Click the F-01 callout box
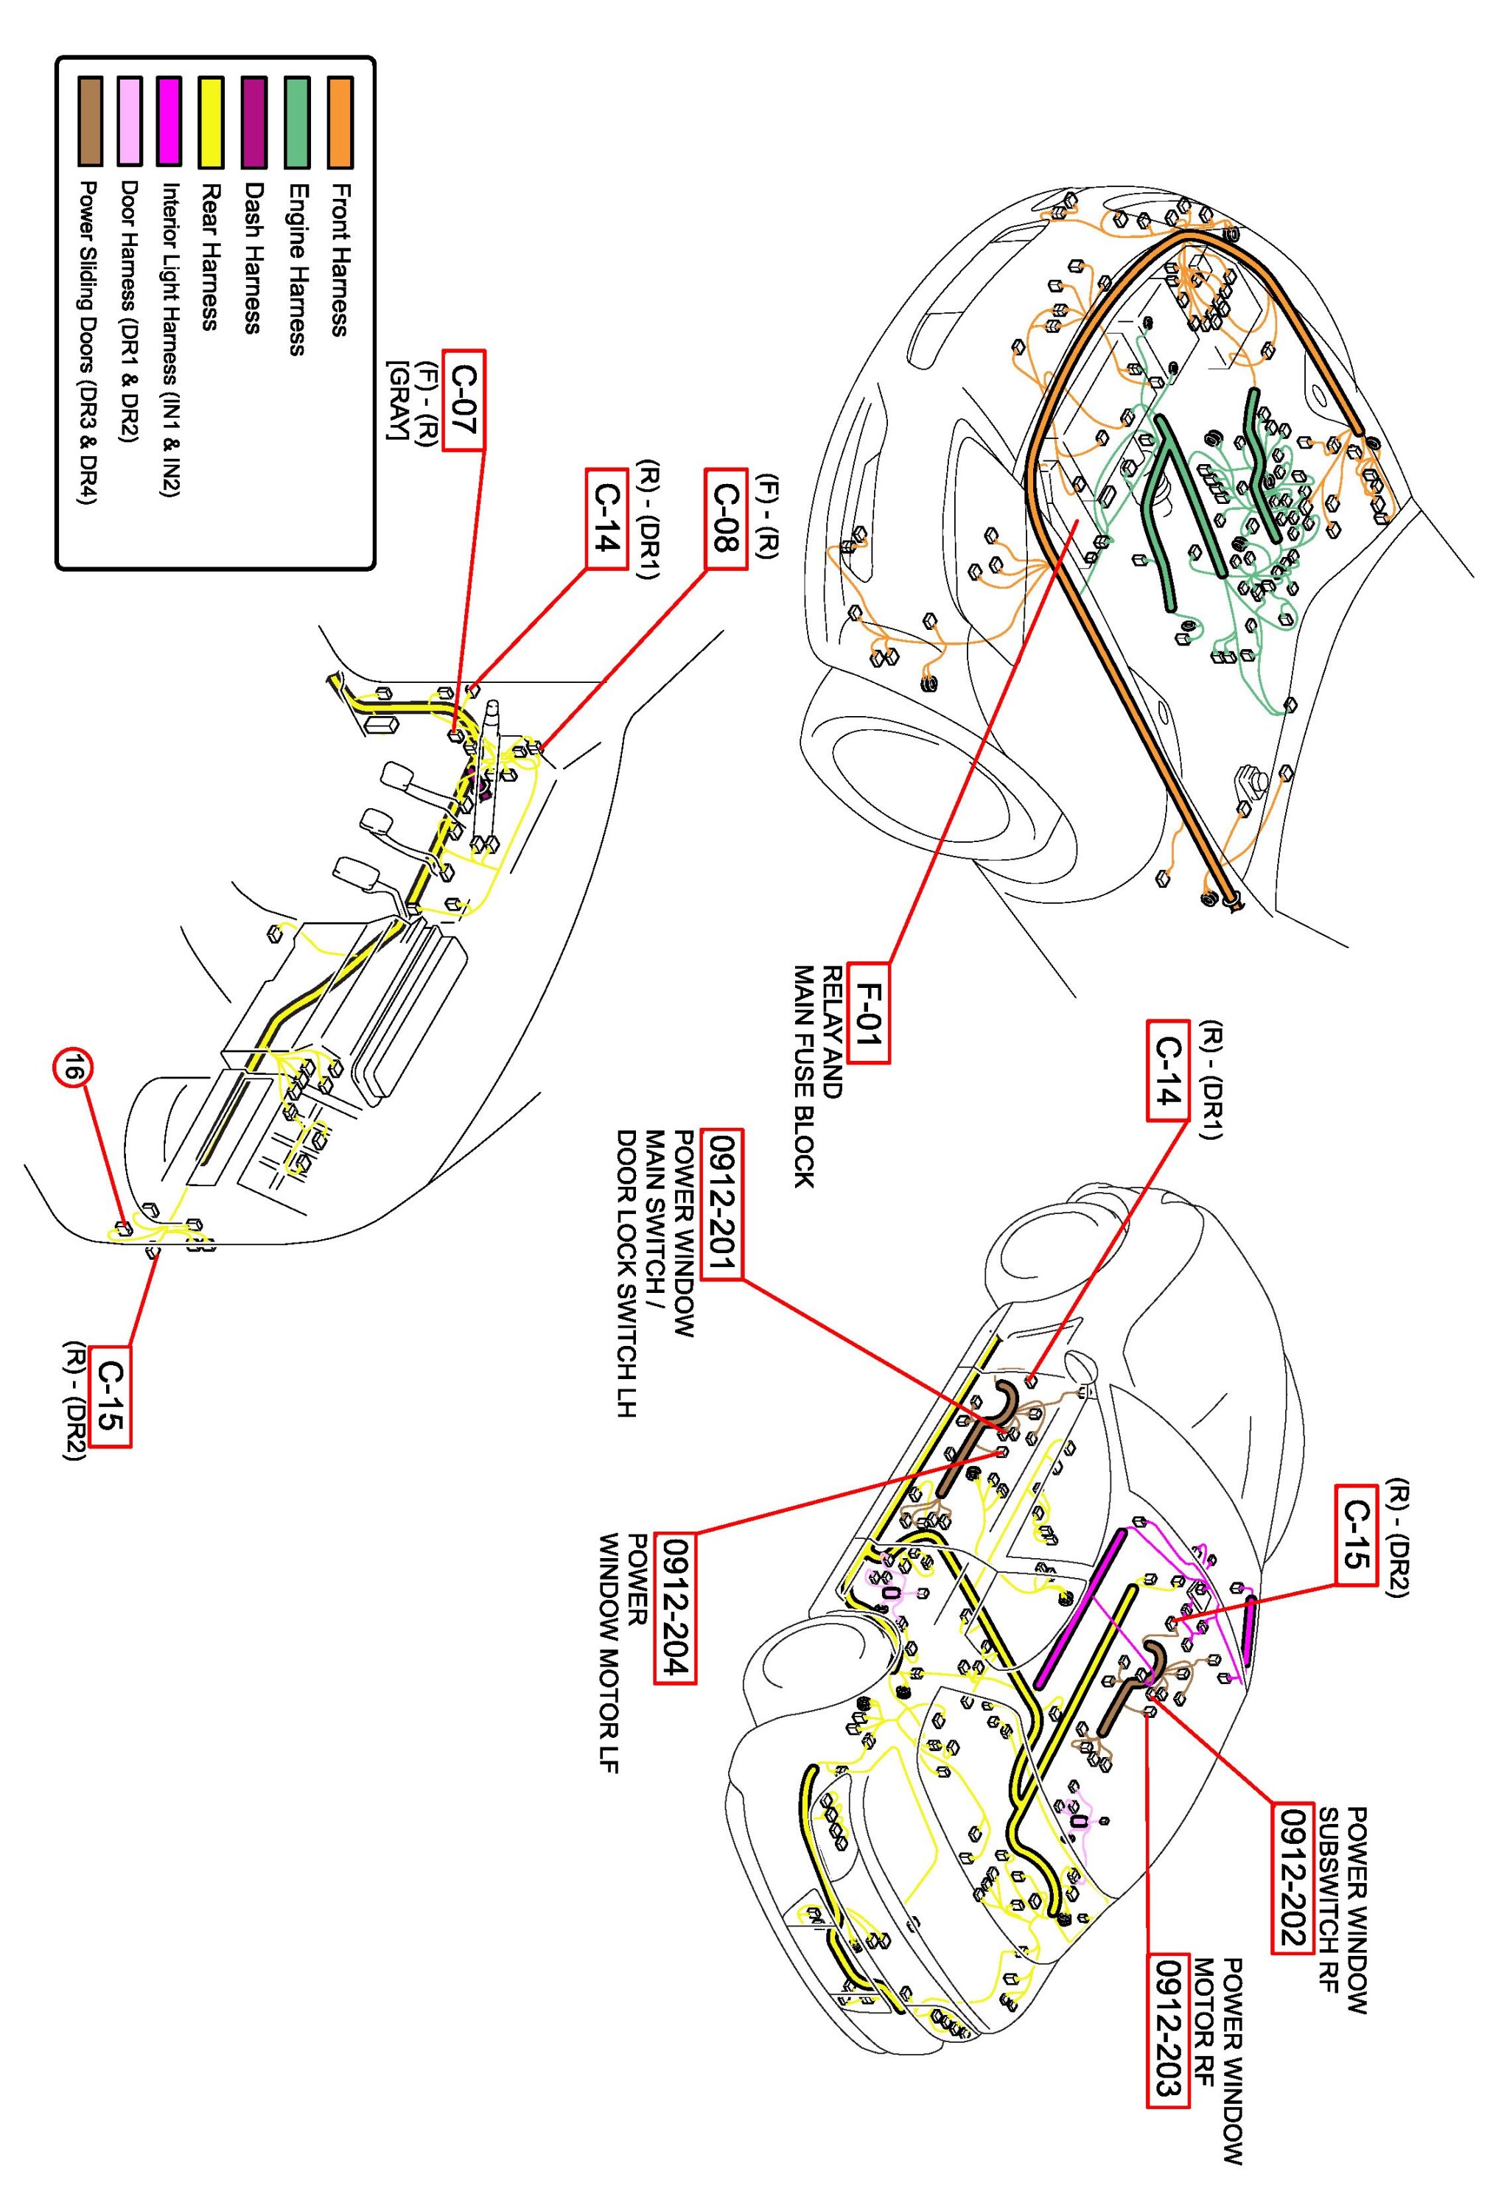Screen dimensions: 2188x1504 point(869,1012)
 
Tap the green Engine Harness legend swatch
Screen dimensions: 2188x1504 point(298,123)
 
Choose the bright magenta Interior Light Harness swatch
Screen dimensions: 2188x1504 point(170,123)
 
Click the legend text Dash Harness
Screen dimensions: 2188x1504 point(251,257)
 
